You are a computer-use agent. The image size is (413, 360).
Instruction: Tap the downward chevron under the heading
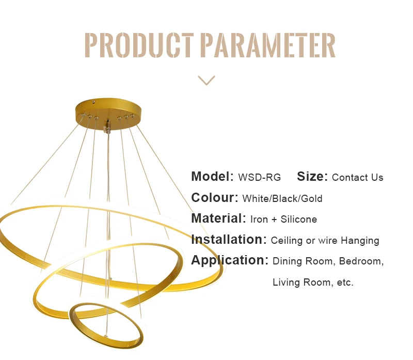pos(206,80)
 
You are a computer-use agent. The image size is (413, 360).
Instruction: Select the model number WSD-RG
pos(260,178)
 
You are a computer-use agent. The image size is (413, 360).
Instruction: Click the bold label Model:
pos(213,177)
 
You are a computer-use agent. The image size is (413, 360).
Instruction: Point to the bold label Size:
pos(312,177)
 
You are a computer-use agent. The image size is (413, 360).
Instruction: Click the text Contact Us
pos(358,178)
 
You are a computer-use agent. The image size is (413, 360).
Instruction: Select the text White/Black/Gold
pos(282,199)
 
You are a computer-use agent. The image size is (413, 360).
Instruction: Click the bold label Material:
pos(218,218)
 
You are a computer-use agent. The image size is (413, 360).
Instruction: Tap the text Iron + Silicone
pos(283,220)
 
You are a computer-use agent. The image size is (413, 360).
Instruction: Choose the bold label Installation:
pos(229,240)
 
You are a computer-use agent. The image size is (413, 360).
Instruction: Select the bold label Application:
pos(230,260)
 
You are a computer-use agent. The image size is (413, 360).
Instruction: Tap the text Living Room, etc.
pos(313,283)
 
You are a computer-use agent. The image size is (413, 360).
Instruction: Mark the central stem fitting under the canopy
pos(108,125)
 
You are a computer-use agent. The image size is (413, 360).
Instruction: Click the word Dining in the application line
pos(287,261)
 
